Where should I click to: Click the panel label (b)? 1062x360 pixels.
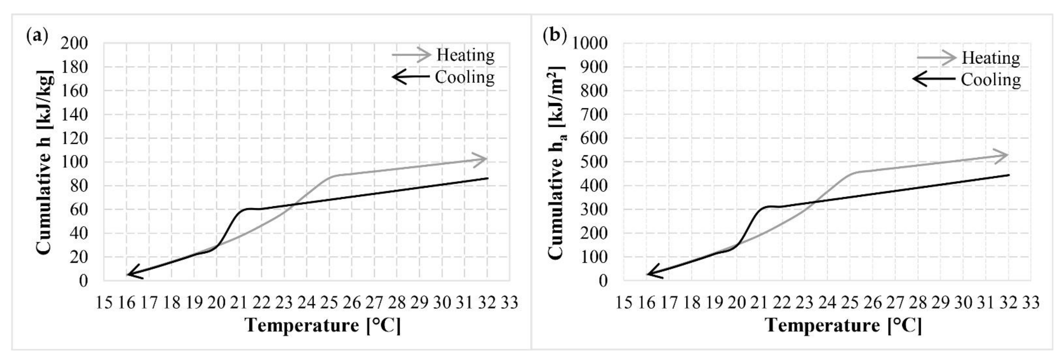click(x=554, y=36)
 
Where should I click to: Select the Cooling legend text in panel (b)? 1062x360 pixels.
click(x=991, y=79)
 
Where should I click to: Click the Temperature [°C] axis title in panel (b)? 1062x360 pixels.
click(x=843, y=325)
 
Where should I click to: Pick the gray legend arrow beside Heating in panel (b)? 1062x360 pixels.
click(x=936, y=58)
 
